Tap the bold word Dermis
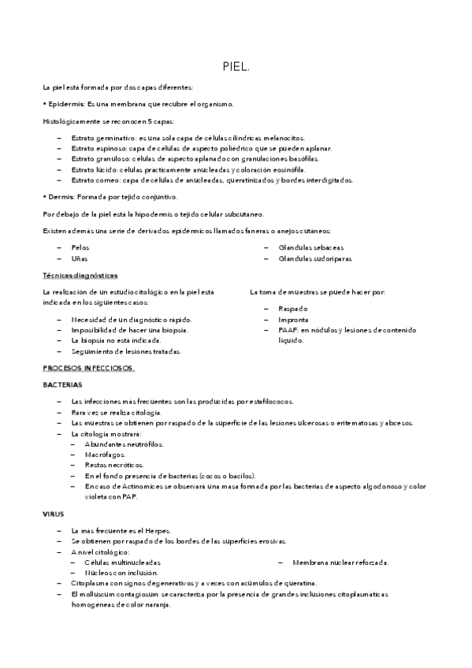click(61, 196)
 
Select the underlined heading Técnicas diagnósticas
click(80, 275)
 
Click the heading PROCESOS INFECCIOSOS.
click(89, 368)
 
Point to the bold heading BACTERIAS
click(62, 384)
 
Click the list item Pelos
click(80, 247)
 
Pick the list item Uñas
click(79, 258)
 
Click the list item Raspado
click(292, 308)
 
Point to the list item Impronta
click(293, 319)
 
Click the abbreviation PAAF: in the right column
click(288, 330)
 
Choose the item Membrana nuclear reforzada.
click(340, 562)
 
